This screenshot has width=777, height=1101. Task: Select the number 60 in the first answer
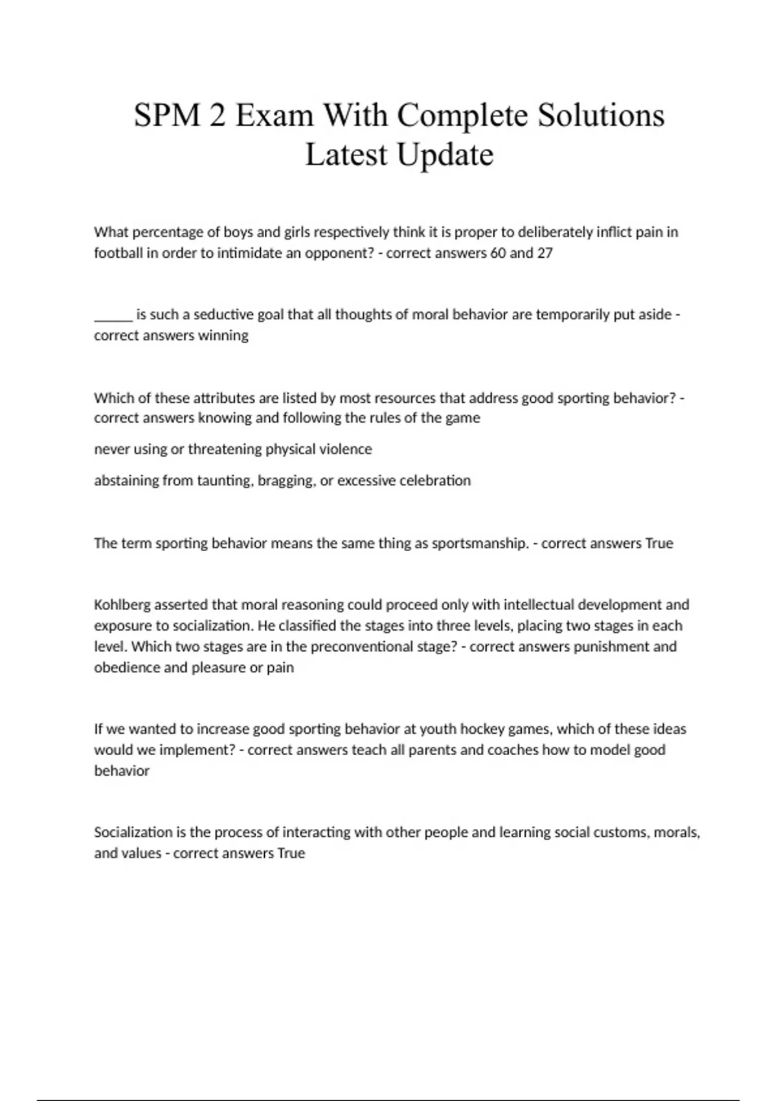click(498, 253)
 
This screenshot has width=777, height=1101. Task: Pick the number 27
click(545, 253)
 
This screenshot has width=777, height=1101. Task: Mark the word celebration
click(434, 481)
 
